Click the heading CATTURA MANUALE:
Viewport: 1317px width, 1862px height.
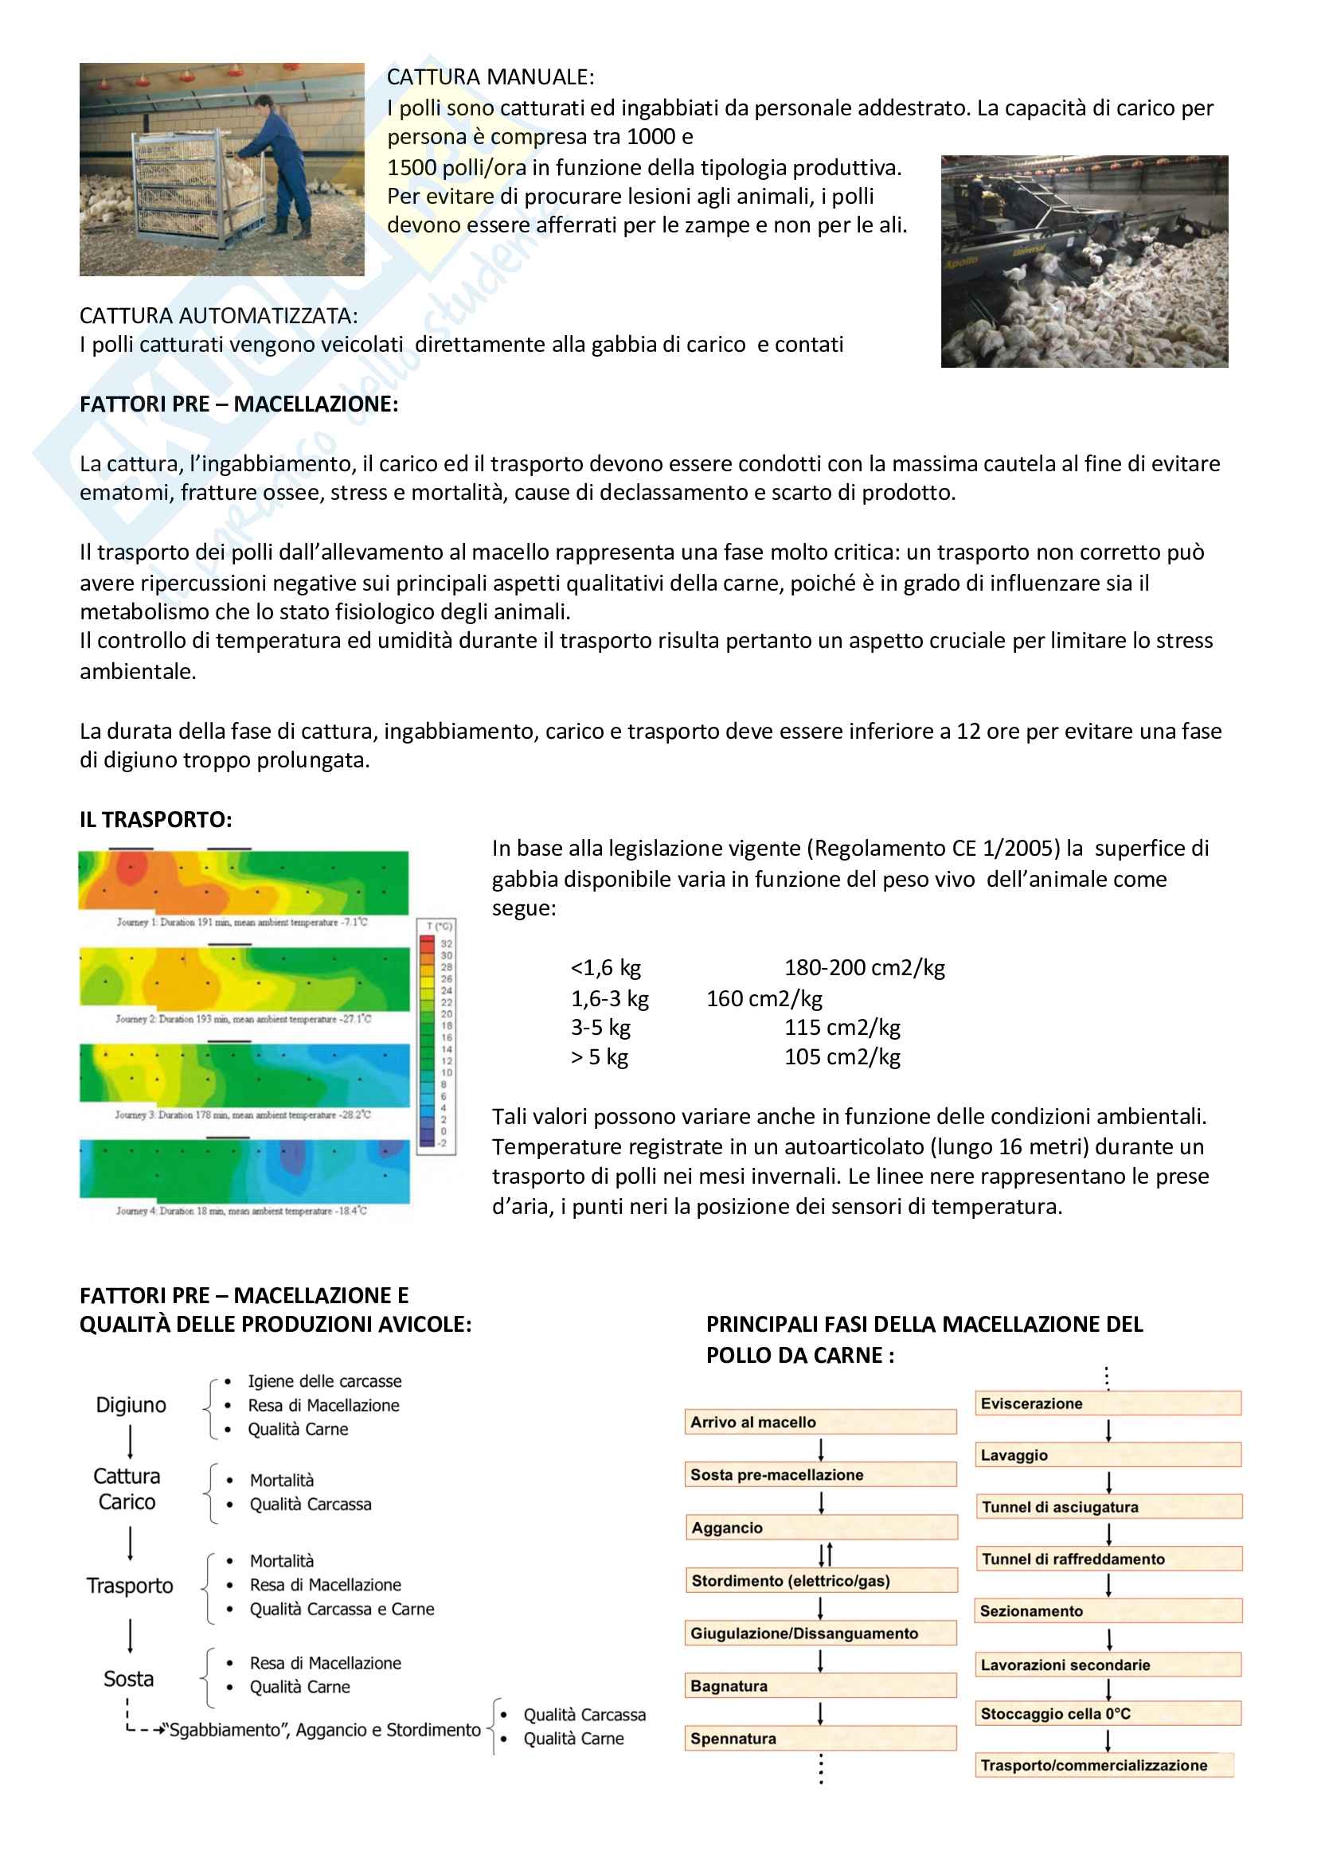[x=490, y=77]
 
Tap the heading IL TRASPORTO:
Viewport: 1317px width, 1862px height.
[x=156, y=819]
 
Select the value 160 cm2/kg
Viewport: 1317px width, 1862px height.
[x=764, y=998]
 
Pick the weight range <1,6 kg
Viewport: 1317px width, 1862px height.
[x=606, y=967]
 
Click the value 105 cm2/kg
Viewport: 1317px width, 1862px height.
[x=842, y=1056]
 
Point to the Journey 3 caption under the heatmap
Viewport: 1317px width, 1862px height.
[x=243, y=1115]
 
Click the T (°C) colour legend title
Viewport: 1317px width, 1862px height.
[x=439, y=926]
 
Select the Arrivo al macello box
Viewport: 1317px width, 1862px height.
[x=820, y=1422]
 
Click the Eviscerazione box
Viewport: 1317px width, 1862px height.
[x=1108, y=1403]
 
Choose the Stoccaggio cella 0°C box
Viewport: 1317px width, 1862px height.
[x=1108, y=1714]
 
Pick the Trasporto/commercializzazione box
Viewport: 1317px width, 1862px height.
[x=1104, y=1766]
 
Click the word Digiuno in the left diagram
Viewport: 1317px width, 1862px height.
[x=131, y=1404]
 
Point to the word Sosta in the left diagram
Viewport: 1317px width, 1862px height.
[x=128, y=1679]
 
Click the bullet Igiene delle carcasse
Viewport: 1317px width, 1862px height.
[x=324, y=1381]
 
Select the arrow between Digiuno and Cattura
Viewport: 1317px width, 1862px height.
[x=130, y=1442]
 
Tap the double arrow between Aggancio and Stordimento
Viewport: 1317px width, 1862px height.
[x=825, y=1554]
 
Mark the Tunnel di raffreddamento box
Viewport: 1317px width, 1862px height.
[x=1108, y=1559]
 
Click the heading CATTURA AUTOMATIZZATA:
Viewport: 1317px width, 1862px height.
[x=218, y=315]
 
